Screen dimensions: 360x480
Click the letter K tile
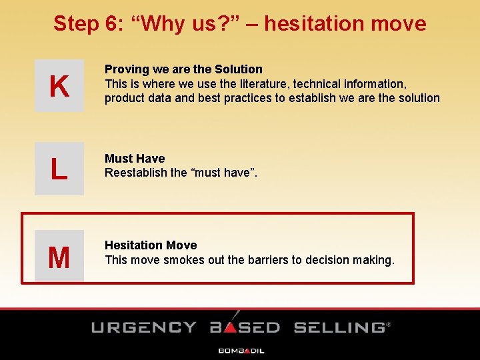pos(59,86)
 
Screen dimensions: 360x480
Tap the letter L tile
pos(59,169)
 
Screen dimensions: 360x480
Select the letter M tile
pos(59,257)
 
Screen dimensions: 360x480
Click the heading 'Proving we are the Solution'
pos(183,69)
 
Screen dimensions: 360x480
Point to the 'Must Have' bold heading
pos(135,159)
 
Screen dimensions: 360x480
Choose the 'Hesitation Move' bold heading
pos(151,245)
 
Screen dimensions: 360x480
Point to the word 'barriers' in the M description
pos(267,259)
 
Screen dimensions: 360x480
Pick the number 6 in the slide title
pos(111,23)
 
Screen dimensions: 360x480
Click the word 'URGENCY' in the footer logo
pos(143,327)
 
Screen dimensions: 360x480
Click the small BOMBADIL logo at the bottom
pos(241,350)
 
